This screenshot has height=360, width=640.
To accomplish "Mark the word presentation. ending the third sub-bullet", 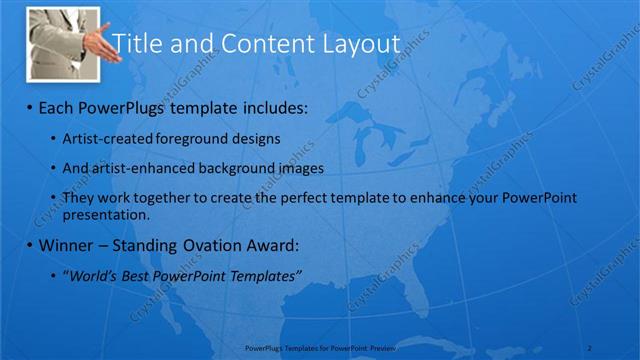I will [x=106, y=214].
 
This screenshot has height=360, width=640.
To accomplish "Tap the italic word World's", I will [x=90, y=276].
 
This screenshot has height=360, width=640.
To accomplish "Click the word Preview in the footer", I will [x=384, y=346].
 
